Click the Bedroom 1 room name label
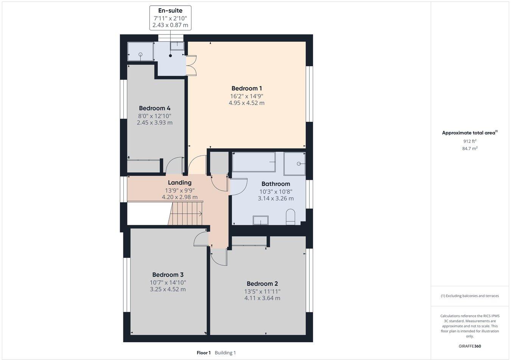tap(246, 88)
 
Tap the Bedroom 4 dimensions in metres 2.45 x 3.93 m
tap(154, 123)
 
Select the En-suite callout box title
tap(170, 11)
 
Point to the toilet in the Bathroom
tap(291, 217)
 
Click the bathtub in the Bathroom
tap(254, 162)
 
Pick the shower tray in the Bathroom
tap(294, 164)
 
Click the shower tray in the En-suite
tap(140, 51)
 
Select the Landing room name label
tap(179, 183)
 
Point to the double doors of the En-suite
tap(191, 65)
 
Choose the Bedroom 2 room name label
tap(262, 284)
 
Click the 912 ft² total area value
tap(469, 141)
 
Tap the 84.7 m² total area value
tap(469, 149)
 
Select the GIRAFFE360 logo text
tap(469, 346)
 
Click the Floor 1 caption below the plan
tap(203, 353)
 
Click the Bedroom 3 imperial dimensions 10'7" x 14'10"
tap(168, 282)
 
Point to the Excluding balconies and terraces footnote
tap(469, 296)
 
